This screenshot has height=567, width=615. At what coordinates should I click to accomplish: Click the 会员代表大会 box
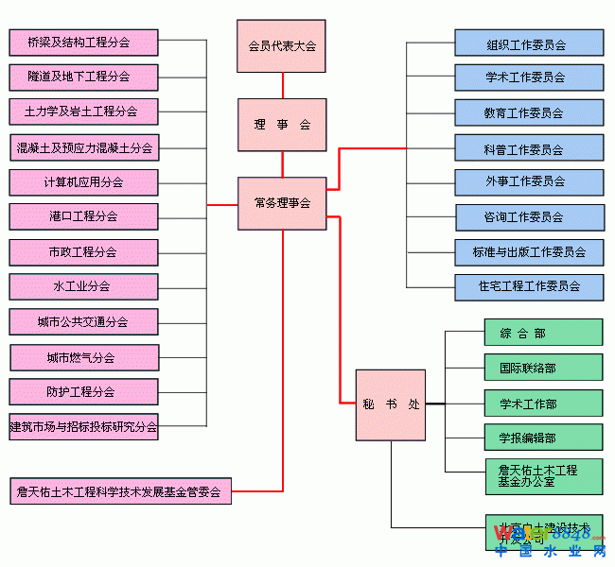281,46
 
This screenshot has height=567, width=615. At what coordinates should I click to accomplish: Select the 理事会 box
281,125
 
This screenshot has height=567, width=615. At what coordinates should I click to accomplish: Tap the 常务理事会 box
281,203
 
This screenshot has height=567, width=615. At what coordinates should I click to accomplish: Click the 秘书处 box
390,404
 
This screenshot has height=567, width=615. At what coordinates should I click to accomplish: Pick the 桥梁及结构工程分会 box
83,43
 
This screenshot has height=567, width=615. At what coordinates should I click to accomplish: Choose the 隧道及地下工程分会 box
83,77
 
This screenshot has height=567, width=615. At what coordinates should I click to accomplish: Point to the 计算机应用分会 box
83,181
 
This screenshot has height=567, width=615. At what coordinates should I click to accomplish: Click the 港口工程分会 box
83,216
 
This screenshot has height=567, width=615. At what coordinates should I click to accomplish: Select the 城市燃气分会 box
83,358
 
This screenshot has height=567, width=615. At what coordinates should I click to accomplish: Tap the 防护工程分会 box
83,391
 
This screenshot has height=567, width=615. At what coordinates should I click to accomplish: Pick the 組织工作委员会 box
528,43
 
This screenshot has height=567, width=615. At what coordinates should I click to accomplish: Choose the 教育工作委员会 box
528,112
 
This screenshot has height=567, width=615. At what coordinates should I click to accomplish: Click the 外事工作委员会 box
528,181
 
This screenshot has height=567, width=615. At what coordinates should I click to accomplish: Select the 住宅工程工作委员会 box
528,285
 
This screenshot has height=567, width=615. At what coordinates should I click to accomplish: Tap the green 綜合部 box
543,333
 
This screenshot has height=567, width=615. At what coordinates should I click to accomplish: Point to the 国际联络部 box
543,368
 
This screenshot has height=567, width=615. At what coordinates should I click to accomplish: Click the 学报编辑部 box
543,438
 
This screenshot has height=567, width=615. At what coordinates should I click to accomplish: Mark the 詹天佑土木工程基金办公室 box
543,475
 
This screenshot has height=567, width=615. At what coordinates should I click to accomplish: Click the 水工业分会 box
83,286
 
